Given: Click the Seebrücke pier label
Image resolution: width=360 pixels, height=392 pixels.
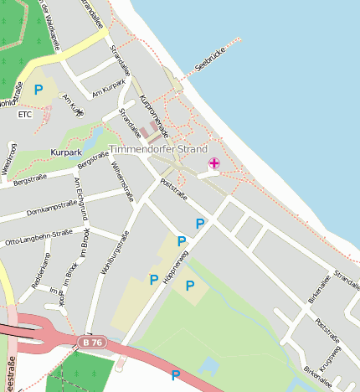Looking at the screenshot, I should [x=209, y=64].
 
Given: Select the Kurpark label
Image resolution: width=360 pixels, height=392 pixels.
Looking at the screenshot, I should [x=66, y=153].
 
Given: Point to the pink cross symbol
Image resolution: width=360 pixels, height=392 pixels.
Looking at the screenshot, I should [x=214, y=163].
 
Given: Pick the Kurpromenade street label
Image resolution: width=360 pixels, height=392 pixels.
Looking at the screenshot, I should [x=157, y=115].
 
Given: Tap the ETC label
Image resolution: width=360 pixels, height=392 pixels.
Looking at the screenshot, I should [x=24, y=114].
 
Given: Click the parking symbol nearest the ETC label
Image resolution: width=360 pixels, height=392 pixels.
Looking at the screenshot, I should [x=38, y=89].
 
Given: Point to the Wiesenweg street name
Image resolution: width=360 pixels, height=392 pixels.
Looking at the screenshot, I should [x=10, y=159].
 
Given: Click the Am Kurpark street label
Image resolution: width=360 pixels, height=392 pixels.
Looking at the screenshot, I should [x=108, y=87].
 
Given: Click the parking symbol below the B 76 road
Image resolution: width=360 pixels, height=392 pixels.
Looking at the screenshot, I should [x=176, y=374].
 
